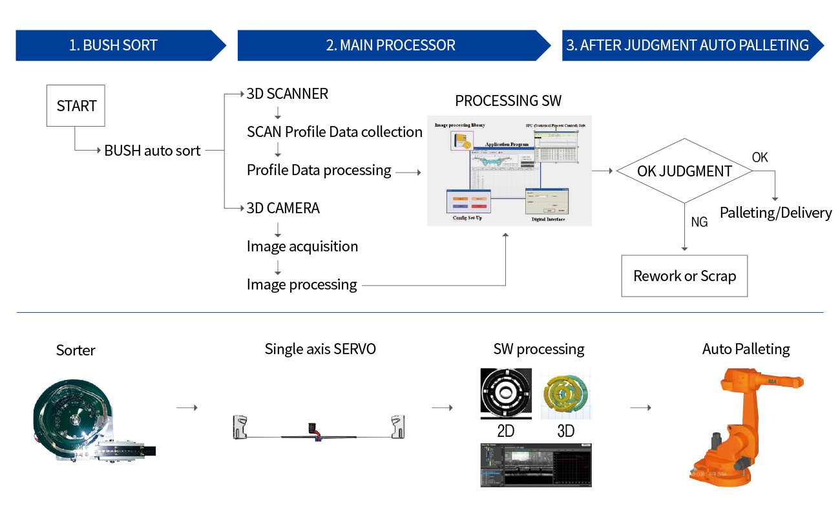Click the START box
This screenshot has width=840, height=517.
click(x=75, y=105)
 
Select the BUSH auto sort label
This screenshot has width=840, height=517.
click(x=152, y=151)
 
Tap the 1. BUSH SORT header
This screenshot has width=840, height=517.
click(x=114, y=45)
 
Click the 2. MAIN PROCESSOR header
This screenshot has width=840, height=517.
click(x=391, y=45)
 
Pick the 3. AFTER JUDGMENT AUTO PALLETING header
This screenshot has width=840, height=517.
click(x=688, y=45)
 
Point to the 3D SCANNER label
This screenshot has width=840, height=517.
click(x=288, y=94)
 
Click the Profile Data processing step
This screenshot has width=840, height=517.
click(x=320, y=171)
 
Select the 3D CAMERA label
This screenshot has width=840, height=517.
click(x=284, y=209)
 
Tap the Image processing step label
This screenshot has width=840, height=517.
click(x=303, y=285)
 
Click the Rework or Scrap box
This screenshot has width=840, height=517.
click(x=684, y=276)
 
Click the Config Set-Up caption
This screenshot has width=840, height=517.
click(x=467, y=218)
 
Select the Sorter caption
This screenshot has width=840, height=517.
click(x=76, y=350)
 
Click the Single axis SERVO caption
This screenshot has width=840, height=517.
click(x=320, y=349)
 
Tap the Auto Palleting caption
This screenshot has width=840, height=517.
click(x=746, y=349)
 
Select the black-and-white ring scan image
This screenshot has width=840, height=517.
click(x=507, y=393)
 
